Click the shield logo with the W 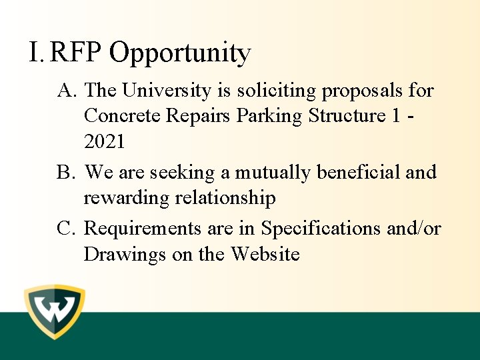coord(55,312)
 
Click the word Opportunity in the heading coord(180,53)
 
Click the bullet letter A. coord(65,90)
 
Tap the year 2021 coord(104,142)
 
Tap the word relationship coord(225,199)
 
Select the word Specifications coord(322,229)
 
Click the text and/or coord(414,229)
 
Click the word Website coord(265,254)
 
